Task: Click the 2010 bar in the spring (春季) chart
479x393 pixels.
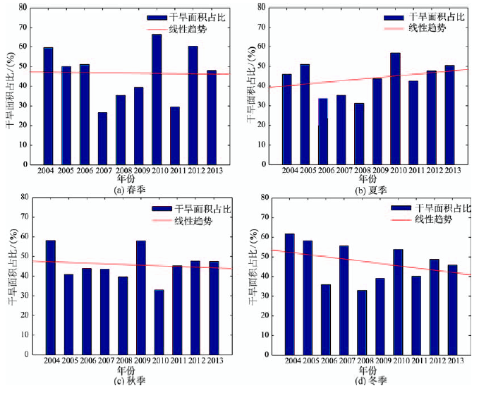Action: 157,99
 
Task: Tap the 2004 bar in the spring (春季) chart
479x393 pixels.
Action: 48,106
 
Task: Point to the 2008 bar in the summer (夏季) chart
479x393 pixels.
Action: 359,134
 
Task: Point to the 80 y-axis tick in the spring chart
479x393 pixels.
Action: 23,8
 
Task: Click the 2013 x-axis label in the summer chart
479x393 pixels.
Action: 452,171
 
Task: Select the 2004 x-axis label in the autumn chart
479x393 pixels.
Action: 51,360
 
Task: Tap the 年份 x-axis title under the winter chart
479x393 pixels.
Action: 368,370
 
